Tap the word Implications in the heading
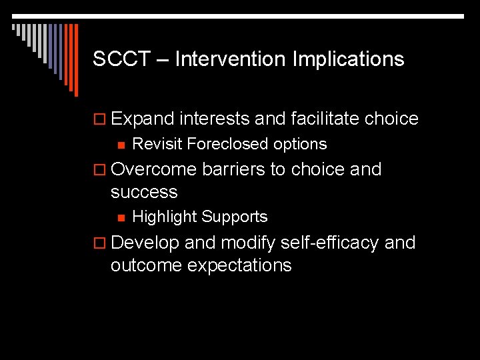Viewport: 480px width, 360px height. point(348,59)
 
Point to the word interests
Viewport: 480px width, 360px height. point(214,119)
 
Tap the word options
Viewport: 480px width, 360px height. point(303,144)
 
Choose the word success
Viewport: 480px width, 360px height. point(144,193)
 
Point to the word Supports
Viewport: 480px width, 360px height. point(234,217)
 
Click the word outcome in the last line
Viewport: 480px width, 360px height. point(146,265)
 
